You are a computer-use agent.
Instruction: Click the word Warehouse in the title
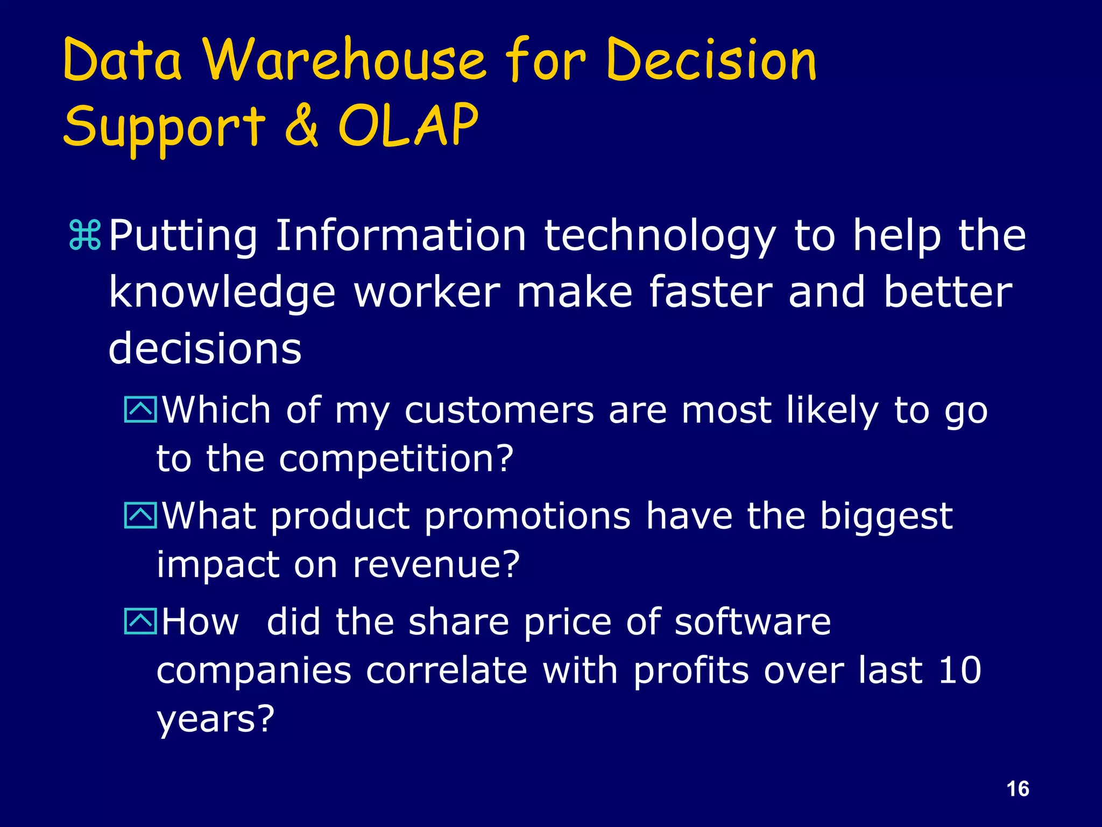pyautogui.click(x=344, y=60)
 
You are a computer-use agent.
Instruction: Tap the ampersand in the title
pyautogui.click(x=302, y=125)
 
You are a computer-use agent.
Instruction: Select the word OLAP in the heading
pyautogui.click(x=408, y=125)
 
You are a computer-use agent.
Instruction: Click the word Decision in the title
pyautogui.click(x=711, y=60)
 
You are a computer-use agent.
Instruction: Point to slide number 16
pyautogui.click(x=1018, y=789)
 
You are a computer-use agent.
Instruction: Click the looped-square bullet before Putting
pyautogui.click(x=85, y=235)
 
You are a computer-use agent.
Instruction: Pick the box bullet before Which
pyautogui.click(x=140, y=409)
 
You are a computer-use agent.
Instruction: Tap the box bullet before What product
pyautogui.click(x=140, y=515)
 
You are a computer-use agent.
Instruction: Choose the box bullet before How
pyautogui.click(x=140, y=621)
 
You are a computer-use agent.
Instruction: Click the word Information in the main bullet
pyautogui.click(x=400, y=235)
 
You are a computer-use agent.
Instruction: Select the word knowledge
pyautogui.click(x=222, y=294)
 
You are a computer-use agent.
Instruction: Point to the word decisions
pyautogui.click(x=205, y=348)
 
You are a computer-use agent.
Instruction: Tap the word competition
pyautogui.click(x=396, y=459)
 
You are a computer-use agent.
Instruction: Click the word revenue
pyautogui.click(x=436, y=565)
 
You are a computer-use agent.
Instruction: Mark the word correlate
pyautogui.click(x=447, y=670)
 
